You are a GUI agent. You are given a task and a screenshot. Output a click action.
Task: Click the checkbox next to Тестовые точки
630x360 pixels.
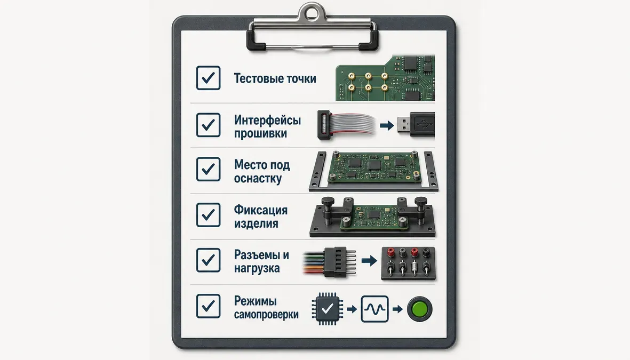pyautogui.click(x=208, y=77)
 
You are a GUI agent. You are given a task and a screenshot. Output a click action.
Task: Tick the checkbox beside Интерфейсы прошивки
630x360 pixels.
pyautogui.click(x=208, y=125)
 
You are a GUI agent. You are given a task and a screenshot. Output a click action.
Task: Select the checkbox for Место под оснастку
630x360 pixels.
pyautogui.click(x=208, y=169)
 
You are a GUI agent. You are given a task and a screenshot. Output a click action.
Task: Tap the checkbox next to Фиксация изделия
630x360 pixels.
pyautogui.click(x=208, y=215)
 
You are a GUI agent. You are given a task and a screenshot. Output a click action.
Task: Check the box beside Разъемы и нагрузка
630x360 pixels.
pyautogui.click(x=208, y=260)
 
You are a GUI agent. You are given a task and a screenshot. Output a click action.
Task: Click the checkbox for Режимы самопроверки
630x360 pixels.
pyautogui.click(x=208, y=306)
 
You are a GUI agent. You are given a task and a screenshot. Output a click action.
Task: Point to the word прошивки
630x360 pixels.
pyautogui.click(x=260, y=133)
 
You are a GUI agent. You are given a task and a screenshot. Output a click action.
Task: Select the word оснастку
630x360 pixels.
pyautogui.click(x=258, y=178)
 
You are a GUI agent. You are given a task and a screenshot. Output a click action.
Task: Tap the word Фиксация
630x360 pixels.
pyautogui.click(x=261, y=210)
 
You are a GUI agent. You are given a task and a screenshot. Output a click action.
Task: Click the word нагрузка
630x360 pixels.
pyautogui.click(x=257, y=268)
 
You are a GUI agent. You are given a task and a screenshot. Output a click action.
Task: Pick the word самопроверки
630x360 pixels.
pyautogui.click(x=266, y=314)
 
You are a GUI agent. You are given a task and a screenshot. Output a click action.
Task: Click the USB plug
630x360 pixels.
pyautogui.click(x=416, y=125)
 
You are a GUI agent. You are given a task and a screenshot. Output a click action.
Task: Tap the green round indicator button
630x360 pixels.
pyautogui.click(x=419, y=309)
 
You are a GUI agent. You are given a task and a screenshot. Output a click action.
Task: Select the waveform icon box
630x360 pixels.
pyautogui.click(x=375, y=309)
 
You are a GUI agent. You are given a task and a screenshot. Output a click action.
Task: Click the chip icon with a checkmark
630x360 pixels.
pyautogui.click(x=327, y=309)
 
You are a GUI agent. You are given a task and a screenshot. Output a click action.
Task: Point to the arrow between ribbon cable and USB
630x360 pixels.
pyautogui.click(x=387, y=126)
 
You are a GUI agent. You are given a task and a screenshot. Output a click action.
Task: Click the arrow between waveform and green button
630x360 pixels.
pyautogui.click(x=397, y=309)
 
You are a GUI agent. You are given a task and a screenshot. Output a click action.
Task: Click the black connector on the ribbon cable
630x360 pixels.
pyautogui.click(x=324, y=125)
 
